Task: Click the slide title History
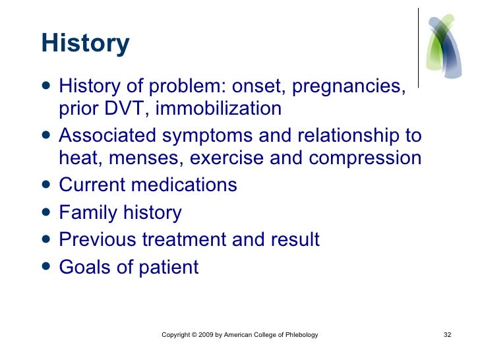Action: pyautogui.click(x=86, y=44)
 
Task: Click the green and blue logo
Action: pyautogui.click(x=444, y=46)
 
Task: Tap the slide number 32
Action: pyautogui.click(x=447, y=334)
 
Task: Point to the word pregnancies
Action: pyautogui.click(x=349, y=86)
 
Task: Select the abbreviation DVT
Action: pyautogui.click(x=124, y=108)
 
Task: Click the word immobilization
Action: pyautogui.click(x=218, y=108)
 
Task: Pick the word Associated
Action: pyautogui.click(x=107, y=135)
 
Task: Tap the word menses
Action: pyautogui.click(x=146, y=158)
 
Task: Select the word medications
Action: pyautogui.click(x=184, y=185)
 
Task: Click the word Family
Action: pyautogui.click(x=88, y=213)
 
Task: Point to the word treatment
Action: pyautogui.click(x=184, y=239)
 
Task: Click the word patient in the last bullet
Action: pyautogui.click(x=169, y=268)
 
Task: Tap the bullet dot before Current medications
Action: pyautogui.click(x=46, y=185)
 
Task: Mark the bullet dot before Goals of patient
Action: pyautogui.click(x=46, y=266)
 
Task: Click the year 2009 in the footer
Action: pyautogui.click(x=206, y=334)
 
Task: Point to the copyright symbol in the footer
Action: pyautogui.click(x=194, y=334)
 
